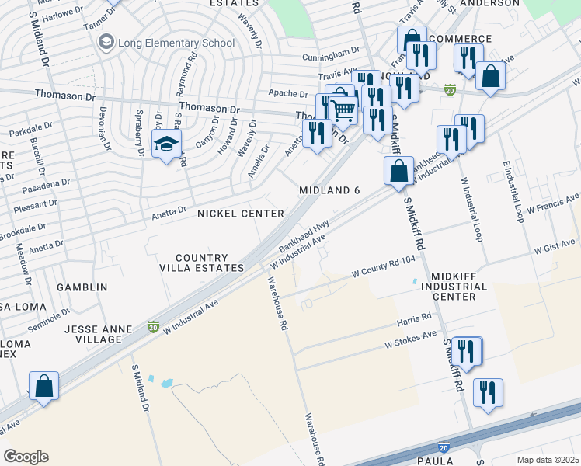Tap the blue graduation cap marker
165,144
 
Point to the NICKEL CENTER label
240,213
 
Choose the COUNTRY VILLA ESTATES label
202,263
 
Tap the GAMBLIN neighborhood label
82,287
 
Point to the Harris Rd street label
414,319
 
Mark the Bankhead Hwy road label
303,238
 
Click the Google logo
26,456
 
